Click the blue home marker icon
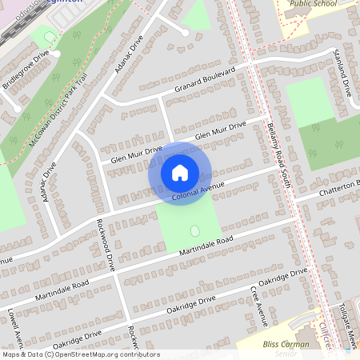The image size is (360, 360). tap(180, 172)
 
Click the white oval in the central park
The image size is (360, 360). tap(194, 231)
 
